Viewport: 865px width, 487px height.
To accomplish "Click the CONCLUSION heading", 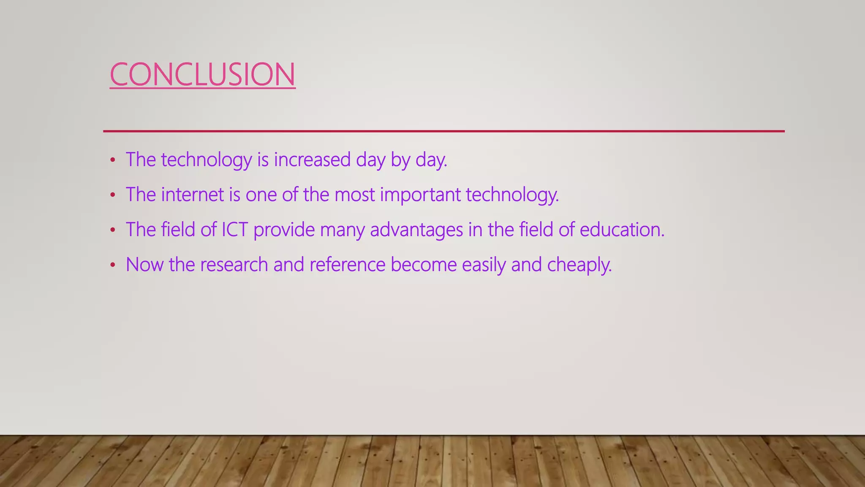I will tap(202, 74).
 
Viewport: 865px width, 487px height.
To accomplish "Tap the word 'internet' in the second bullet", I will tap(193, 195).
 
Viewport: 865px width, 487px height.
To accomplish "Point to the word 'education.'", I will tap(622, 230).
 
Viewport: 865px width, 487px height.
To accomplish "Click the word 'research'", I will tap(234, 265).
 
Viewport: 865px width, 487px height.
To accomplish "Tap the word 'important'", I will tap(421, 195).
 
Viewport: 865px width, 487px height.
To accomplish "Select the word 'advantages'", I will tap(416, 230).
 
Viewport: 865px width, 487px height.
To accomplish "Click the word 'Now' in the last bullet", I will tap(144, 265).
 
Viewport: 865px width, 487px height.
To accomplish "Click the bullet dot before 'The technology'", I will tap(112, 160).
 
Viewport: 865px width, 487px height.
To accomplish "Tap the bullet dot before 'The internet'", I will tap(112, 195).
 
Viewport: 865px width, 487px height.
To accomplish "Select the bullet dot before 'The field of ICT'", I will tap(112, 230).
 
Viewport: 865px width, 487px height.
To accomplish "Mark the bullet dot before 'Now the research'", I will tap(112, 265).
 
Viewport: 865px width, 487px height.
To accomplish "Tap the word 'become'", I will tap(424, 265).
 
